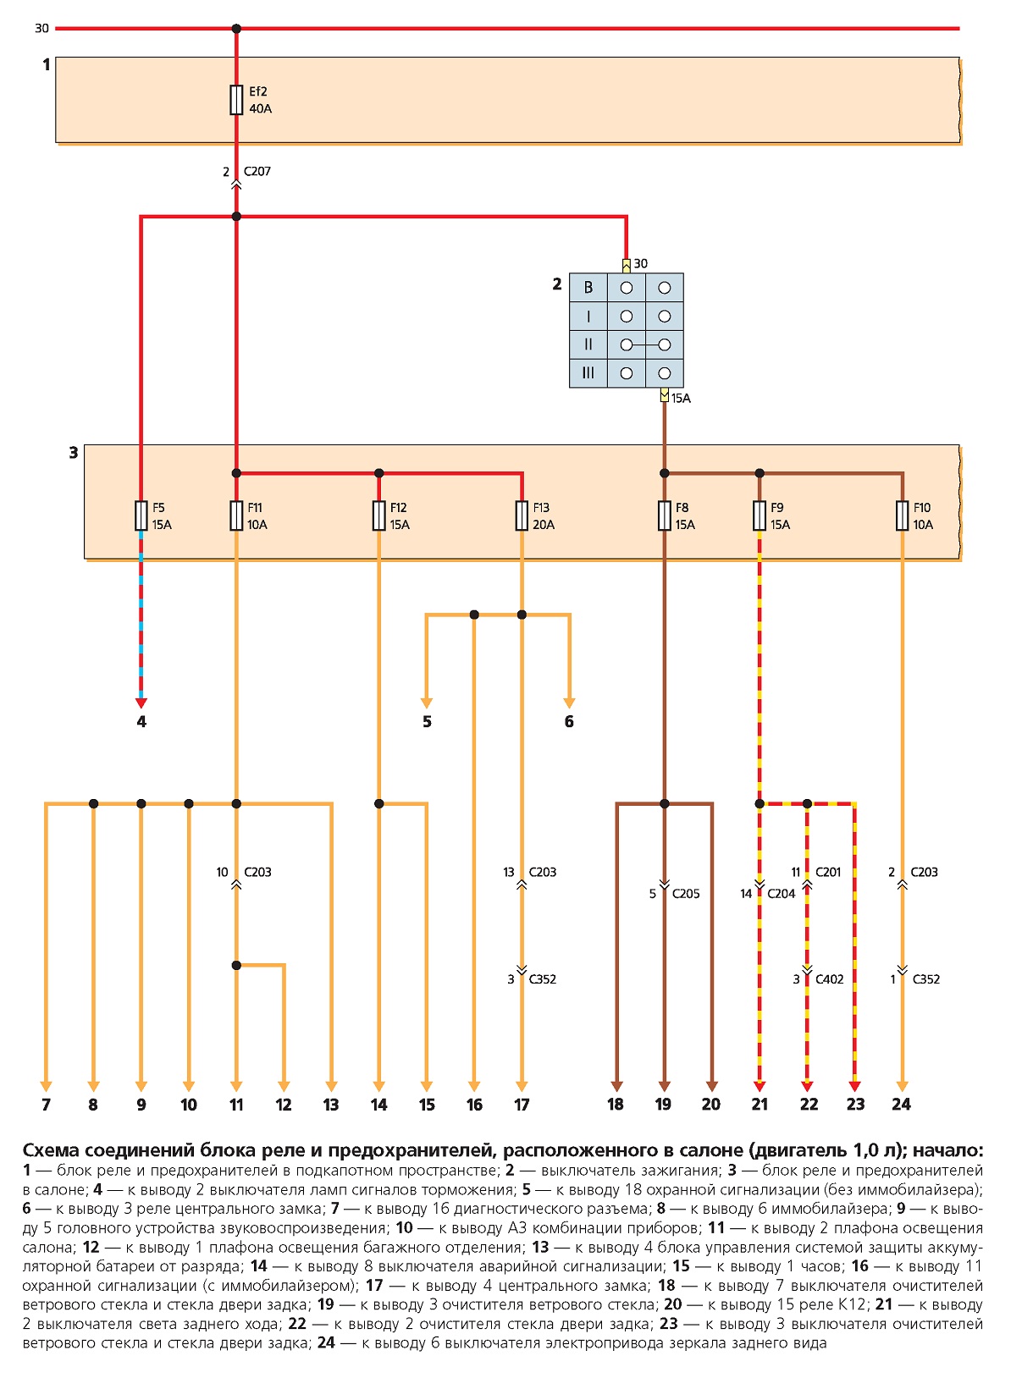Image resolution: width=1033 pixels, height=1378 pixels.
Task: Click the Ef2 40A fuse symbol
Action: click(236, 100)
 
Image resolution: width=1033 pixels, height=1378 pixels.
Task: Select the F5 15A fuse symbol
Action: click(141, 515)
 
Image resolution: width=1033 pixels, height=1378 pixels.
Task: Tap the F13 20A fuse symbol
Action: click(522, 515)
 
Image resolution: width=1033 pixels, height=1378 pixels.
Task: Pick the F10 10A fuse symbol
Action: click(902, 515)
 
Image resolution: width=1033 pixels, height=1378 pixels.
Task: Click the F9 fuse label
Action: click(776, 507)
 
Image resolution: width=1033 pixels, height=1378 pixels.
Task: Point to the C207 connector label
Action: click(257, 171)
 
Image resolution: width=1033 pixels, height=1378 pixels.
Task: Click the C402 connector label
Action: click(829, 978)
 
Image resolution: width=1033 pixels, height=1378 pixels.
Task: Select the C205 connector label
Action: click(686, 893)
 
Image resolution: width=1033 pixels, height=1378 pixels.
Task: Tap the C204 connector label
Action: click(782, 893)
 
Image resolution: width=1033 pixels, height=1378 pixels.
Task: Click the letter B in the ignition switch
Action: click(588, 288)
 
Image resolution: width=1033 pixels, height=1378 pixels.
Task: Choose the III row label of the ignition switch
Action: click(588, 373)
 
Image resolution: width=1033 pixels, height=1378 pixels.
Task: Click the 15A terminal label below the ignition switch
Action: click(681, 398)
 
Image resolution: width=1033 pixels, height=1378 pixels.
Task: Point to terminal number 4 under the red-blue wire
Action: click(141, 722)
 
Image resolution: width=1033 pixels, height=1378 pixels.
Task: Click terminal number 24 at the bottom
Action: click(901, 1105)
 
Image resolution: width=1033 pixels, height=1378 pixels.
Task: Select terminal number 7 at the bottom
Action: click(46, 1105)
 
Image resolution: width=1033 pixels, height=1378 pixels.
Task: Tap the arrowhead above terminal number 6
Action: click(569, 703)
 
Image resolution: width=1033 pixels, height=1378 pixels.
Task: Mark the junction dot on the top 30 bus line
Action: click(236, 28)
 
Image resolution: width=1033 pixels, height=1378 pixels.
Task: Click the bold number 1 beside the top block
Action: click(46, 64)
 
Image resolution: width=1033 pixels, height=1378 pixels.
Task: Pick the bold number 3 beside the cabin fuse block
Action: click(74, 453)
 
